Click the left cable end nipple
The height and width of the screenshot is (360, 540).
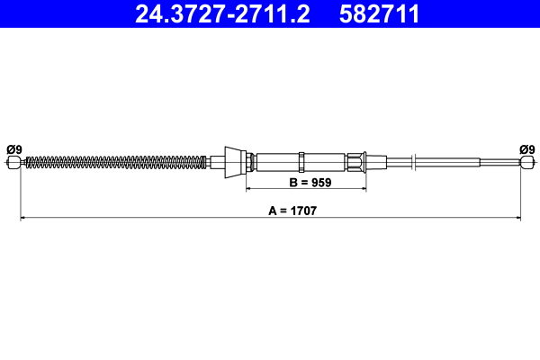pos(13,163)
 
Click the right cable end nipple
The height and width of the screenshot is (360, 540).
pos(526,163)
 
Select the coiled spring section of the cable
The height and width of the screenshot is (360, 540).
pos(117,163)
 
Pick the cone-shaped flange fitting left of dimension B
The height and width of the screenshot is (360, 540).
pos(236,163)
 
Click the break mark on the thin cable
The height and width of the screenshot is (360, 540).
pos(411,163)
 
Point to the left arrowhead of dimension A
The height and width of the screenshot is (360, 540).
pos(22,218)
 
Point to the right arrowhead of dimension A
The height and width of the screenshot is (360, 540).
pos(517,218)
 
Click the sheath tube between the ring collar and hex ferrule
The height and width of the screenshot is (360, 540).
pos(327,163)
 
